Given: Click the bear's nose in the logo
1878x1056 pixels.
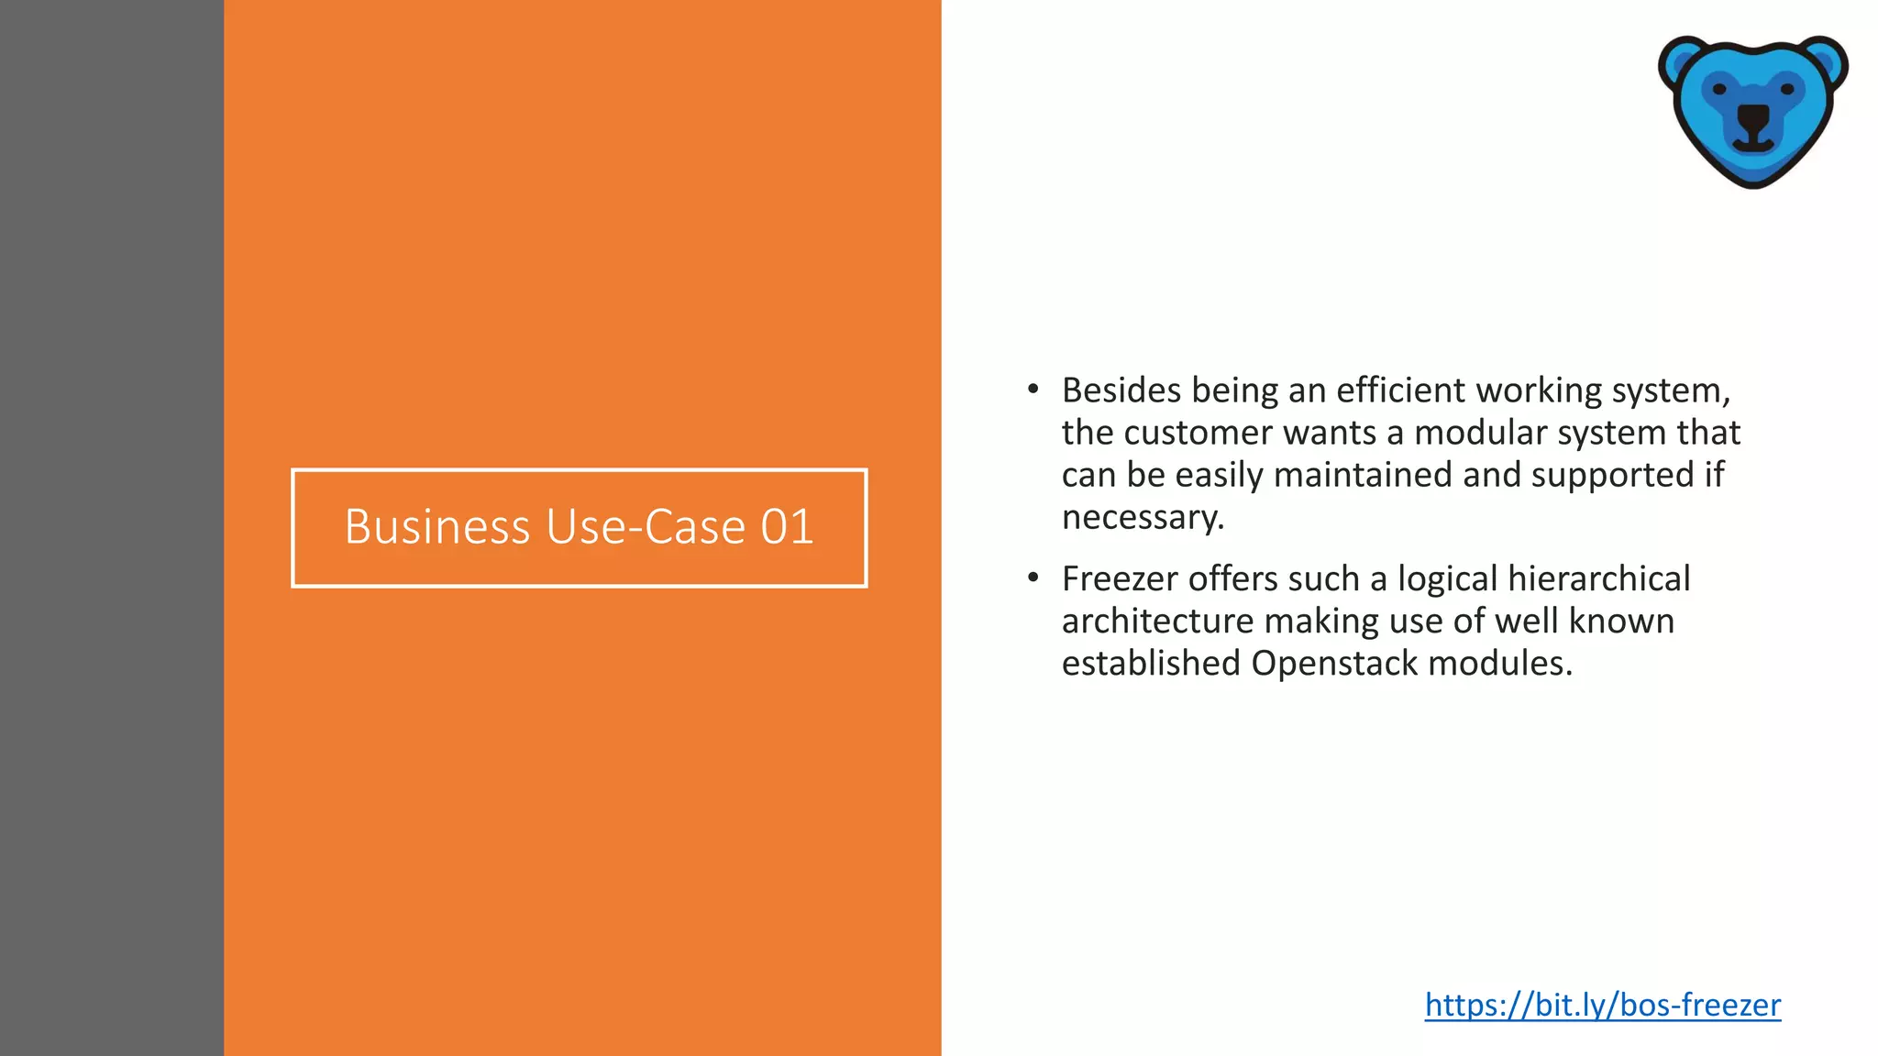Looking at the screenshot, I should [x=1753, y=116].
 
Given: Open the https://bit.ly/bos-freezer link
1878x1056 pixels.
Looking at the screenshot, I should [x=1602, y=1005].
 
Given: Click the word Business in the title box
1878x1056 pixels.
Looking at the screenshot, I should [x=437, y=527].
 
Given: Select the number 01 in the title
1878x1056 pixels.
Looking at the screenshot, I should [x=787, y=527].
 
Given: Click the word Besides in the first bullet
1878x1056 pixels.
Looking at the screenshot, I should [x=1121, y=390].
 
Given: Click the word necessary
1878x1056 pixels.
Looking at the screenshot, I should [x=1142, y=518].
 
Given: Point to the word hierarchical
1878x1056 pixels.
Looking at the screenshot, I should [x=1598, y=579].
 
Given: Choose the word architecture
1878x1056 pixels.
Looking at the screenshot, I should [x=1157, y=621].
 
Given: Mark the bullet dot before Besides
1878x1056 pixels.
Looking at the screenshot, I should [x=1033, y=390].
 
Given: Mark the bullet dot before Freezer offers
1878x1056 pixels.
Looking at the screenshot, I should [x=1033, y=578].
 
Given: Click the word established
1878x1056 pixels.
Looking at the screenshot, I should [x=1151, y=664].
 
